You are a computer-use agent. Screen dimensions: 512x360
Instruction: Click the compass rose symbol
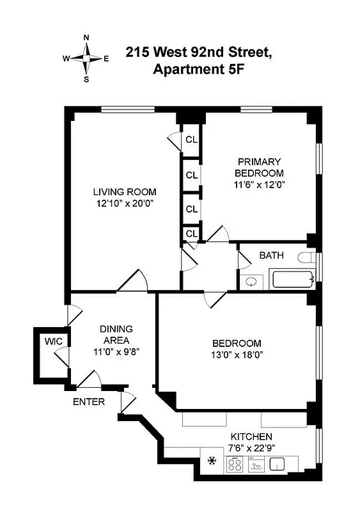pos(86,58)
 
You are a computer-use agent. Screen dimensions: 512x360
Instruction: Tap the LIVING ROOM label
pos(125,192)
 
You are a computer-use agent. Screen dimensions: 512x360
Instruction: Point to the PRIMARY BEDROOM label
pos(259,167)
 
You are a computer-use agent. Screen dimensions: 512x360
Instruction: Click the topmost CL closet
pos(191,140)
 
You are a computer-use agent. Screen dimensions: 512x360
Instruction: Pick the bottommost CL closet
pos(191,234)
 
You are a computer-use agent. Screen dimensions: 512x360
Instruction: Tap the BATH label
pos(271,255)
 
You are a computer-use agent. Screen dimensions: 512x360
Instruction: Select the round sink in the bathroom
pos(253,280)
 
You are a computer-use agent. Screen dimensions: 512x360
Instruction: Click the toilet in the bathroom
pos(308,259)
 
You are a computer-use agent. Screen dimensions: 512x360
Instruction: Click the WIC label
pos(53,341)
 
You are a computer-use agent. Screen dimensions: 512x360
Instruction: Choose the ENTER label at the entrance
pos(88,402)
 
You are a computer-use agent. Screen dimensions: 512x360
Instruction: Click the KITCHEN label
pos(251,436)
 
